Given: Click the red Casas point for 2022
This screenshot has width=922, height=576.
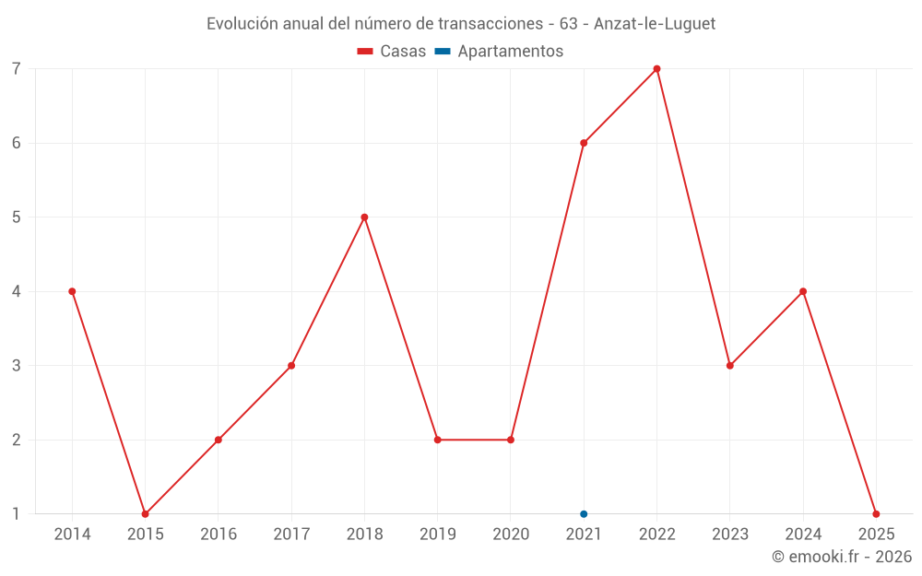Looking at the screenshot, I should point(656,68).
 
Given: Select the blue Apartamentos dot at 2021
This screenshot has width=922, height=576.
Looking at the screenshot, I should point(584,513).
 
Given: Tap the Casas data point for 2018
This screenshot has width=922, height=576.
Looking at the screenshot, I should point(364,217).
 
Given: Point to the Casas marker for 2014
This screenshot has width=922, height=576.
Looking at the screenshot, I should point(72,291).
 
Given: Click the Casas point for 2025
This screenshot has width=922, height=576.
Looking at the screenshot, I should point(876,513).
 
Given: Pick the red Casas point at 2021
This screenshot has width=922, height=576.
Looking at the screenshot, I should point(584,143).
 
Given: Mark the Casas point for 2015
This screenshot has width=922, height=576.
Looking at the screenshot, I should point(145,513).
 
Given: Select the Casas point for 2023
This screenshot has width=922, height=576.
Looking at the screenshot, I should point(730,366).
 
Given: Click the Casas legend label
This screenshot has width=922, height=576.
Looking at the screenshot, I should point(403,52).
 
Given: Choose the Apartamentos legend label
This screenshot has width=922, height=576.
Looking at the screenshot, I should point(510,52).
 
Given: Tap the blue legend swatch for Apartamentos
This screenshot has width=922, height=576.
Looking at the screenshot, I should point(443,52).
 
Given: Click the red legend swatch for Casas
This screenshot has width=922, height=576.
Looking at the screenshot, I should point(365,52).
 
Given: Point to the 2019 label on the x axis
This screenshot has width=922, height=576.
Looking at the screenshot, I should point(438,535).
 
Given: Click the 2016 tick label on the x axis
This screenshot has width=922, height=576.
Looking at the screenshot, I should point(219,535).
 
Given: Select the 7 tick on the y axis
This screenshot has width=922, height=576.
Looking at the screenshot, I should point(17,69).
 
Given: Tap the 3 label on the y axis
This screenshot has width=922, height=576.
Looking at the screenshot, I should point(17,366).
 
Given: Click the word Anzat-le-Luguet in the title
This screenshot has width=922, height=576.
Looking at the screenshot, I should point(655,24).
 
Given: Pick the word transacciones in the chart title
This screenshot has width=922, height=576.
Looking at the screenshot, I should point(494,24).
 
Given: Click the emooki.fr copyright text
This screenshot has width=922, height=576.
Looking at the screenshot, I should point(842,557).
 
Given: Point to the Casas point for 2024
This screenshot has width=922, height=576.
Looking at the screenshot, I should point(803,291).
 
